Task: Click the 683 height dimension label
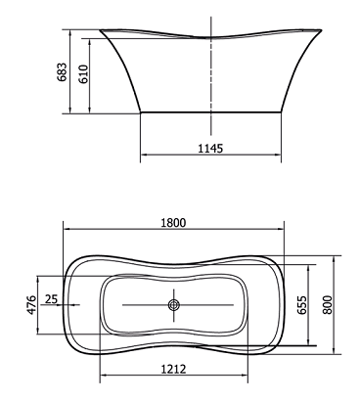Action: [x=62, y=72]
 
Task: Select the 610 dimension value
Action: [x=83, y=74]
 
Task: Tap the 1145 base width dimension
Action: [x=210, y=149]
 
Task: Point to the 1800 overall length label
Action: [x=173, y=223]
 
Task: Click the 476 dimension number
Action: [x=31, y=305]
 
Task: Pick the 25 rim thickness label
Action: [x=51, y=298]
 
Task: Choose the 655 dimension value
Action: [x=302, y=305]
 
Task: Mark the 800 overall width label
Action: [x=327, y=305]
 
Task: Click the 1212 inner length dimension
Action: [x=173, y=369]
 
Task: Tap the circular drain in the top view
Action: [x=173, y=305]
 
